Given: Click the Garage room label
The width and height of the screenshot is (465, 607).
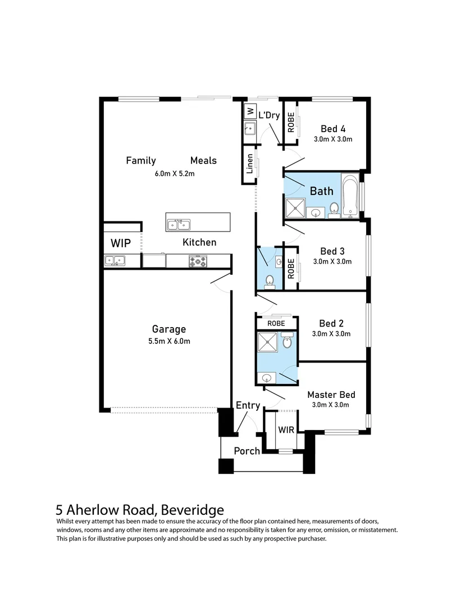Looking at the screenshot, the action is [169, 329].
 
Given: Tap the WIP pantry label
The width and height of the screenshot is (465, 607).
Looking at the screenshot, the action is [121, 243].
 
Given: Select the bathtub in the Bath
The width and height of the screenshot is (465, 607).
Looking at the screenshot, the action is [350, 197].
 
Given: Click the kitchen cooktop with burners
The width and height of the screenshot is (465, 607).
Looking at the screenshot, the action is [198, 261].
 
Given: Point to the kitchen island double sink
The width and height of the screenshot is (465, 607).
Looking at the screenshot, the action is [179, 224].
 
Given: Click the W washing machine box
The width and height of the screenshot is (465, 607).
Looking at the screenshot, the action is [250, 111].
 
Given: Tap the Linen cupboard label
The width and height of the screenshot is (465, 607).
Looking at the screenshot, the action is [249, 164].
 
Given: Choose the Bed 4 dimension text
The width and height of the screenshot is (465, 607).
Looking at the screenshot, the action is [333, 139].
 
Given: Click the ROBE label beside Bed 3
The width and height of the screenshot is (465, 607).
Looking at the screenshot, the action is [291, 269].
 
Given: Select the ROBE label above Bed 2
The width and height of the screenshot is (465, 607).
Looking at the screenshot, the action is [276, 323].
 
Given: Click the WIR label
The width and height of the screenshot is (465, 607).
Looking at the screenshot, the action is [286, 430].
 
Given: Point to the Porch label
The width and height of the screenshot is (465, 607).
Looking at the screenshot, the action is [247, 451].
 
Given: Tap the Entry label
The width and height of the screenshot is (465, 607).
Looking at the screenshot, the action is [248, 405].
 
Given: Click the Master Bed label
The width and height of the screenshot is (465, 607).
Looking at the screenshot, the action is [331, 395].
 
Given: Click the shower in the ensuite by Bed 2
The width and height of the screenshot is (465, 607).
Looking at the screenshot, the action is [268, 342].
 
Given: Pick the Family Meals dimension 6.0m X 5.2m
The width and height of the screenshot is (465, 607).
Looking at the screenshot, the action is [175, 174].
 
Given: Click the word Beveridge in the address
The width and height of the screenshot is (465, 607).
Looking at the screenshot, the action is [192, 509].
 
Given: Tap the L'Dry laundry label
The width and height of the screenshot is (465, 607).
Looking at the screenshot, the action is [269, 115].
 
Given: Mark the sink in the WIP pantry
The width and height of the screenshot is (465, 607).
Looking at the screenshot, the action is [115, 261].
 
